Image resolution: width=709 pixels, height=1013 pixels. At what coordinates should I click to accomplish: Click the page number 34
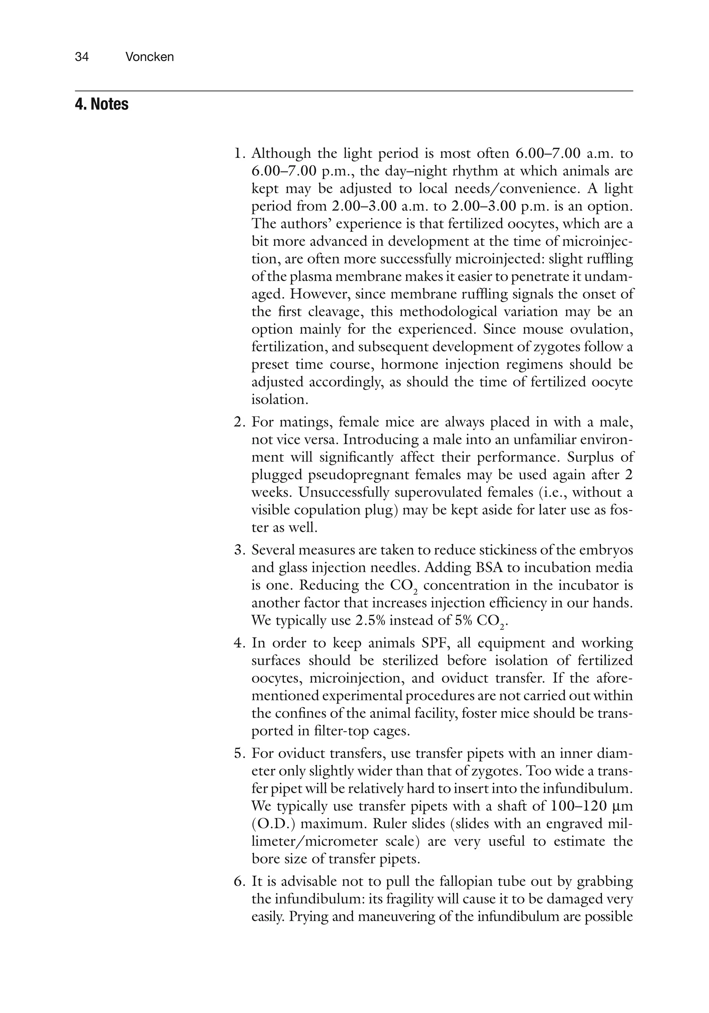[82, 57]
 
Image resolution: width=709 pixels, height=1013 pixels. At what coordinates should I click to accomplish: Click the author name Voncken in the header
[149, 57]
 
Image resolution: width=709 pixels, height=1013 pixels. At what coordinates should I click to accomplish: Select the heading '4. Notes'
[101, 105]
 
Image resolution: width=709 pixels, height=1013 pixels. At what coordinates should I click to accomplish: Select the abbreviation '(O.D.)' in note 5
[273, 824]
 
